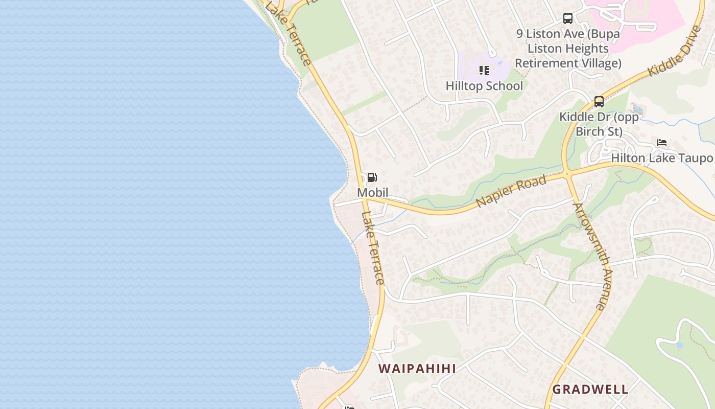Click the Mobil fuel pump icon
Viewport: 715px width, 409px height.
372,177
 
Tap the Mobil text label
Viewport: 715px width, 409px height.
372,193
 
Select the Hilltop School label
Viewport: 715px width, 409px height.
484,86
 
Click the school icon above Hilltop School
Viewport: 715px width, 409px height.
484,71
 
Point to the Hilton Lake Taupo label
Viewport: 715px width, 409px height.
661,158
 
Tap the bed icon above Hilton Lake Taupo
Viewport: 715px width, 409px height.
662,143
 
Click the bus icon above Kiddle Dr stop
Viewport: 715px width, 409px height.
599,101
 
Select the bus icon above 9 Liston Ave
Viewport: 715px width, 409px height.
568,18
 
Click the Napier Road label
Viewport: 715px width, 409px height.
511,191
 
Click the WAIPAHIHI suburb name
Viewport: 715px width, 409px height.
417,369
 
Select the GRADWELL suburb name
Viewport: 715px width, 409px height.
590,389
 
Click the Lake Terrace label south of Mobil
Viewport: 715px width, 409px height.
373,248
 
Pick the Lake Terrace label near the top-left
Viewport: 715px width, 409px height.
289,33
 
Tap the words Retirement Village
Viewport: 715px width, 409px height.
568,63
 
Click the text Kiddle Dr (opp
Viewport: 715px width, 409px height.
599,117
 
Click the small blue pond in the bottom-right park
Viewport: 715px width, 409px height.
679,346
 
